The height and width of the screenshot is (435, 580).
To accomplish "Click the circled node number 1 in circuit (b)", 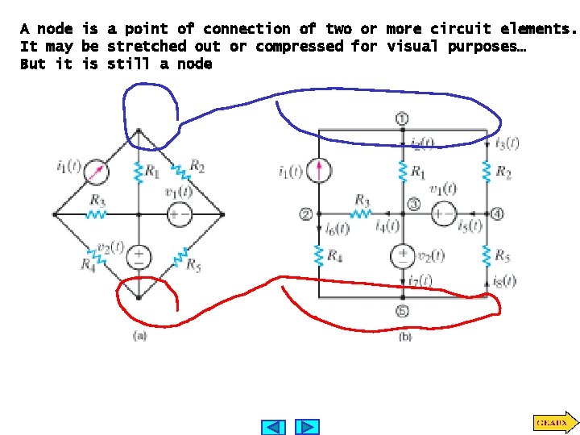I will [401, 119].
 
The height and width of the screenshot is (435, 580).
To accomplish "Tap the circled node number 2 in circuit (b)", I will [305, 213].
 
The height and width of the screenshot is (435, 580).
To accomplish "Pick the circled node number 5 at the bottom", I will [401, 312].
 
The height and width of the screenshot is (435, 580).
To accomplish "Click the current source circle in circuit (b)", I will [320, 171].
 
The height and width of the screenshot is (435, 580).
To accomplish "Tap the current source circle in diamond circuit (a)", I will [97, 171].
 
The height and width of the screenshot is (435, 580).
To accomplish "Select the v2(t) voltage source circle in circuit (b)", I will [401, 256].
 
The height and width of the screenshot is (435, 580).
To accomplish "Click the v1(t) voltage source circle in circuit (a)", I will [179, 214].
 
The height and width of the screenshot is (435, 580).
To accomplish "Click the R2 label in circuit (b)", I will [503, 172].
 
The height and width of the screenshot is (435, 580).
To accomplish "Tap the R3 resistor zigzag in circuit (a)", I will [97, 214].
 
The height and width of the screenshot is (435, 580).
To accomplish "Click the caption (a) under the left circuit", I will [139, 336].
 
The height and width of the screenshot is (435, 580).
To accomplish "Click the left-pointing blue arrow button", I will [275, 427].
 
